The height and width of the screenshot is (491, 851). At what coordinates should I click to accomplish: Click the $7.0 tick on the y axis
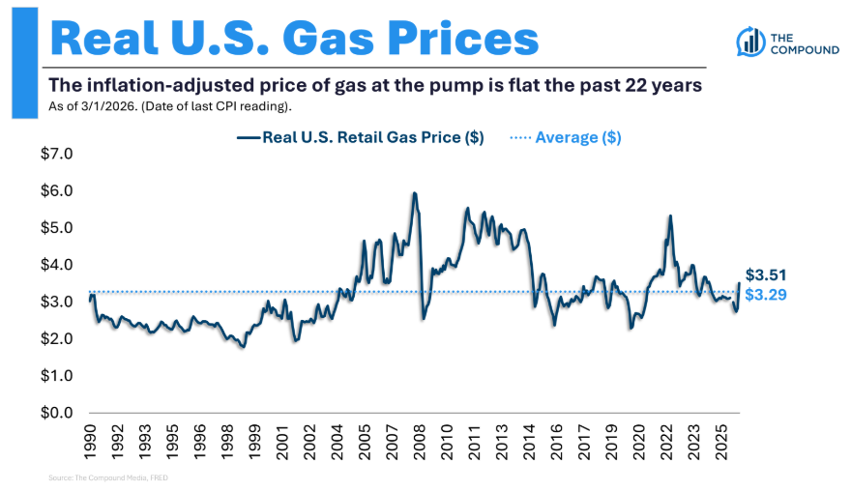click(56, 154)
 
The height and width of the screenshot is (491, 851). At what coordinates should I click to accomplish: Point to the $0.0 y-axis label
click(56, 413)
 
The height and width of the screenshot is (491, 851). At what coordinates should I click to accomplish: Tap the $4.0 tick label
click(56, 265)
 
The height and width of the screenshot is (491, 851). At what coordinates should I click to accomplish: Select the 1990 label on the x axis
click(90, 442)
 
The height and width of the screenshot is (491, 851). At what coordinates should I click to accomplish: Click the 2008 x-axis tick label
click(419, 442)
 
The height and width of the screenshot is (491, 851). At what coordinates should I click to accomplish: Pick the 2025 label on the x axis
click(720, 442)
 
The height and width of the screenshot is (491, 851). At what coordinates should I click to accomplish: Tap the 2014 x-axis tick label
click(529, 442)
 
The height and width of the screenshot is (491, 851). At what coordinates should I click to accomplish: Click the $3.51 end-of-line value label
click(766, 275)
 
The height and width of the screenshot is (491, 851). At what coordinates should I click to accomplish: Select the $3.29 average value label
click(766, 295)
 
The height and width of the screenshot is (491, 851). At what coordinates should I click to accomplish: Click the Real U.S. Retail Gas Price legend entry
click(361, 137)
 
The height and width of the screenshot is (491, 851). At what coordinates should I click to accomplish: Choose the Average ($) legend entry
click(566, 137)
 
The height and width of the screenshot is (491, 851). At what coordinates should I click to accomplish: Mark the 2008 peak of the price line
click(415, 192)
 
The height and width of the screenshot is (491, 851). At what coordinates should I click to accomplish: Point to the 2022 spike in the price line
click(671, 216)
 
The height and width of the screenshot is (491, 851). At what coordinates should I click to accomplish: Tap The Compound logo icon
click(750, 42)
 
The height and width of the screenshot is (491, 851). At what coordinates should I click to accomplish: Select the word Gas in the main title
click(329, 39)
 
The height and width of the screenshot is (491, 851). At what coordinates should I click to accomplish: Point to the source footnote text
click(108, 478)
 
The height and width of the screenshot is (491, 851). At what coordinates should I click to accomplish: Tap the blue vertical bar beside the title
click(25, 63)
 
